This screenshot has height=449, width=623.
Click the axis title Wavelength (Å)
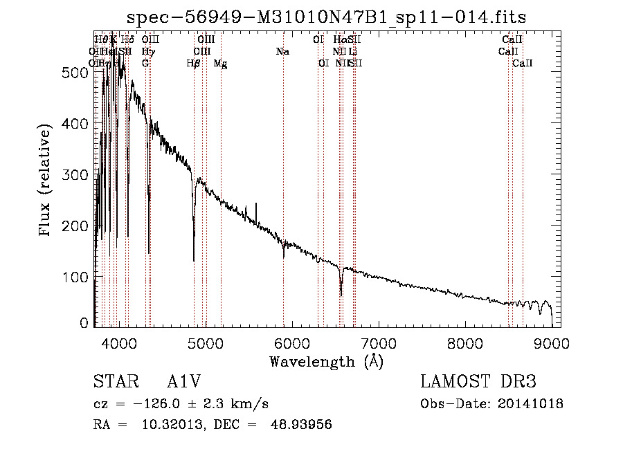click(326, 361)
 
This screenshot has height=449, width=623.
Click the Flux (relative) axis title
click(46, 181)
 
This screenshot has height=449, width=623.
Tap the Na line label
click(282, 52)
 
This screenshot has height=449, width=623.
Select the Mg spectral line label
click(220, 64)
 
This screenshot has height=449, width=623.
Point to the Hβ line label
click(194, 64)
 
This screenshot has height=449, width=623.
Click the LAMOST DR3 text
click(478, 382)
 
